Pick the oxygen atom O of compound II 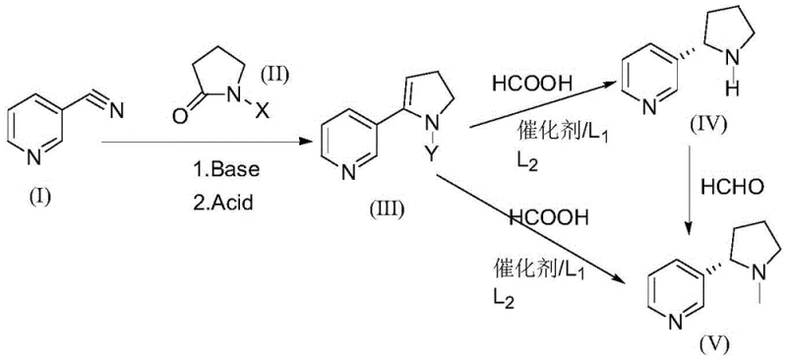[179, 114]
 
